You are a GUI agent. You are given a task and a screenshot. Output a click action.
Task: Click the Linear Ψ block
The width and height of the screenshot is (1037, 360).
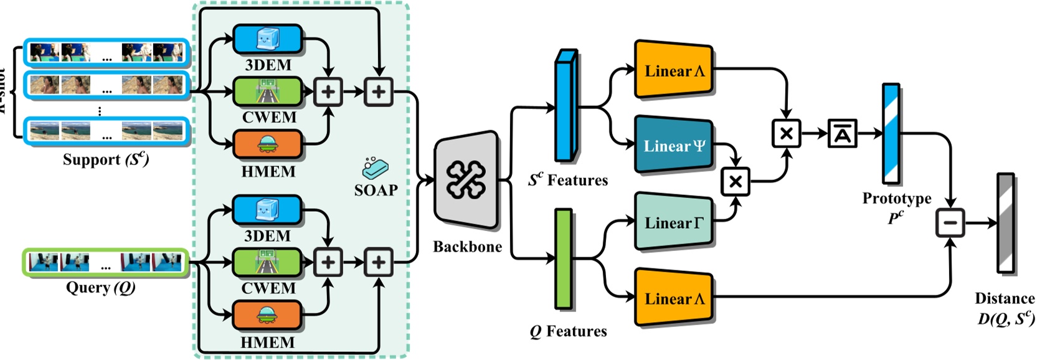click(x=673, y=146)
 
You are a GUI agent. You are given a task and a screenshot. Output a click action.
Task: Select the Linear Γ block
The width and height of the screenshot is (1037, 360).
click(x=673, y=222)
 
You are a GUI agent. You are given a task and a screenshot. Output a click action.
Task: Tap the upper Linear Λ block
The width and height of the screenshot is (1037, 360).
click(x=673, y=70)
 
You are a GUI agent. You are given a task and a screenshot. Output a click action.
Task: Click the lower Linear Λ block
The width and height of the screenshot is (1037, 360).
click(x=673, y=298)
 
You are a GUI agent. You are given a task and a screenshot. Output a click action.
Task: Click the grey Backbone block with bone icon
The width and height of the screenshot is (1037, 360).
click(x=466, y=181)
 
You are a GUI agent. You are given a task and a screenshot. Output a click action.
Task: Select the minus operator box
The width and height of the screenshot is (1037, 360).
click(x=950, y=223)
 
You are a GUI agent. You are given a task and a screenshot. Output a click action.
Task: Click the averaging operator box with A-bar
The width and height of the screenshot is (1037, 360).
click(x=842, y=133)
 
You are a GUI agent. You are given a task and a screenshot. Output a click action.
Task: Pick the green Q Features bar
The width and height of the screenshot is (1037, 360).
click(x=563, y=258)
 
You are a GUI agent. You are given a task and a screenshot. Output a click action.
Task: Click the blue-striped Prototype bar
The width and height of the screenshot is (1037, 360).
click(x=891, y=133)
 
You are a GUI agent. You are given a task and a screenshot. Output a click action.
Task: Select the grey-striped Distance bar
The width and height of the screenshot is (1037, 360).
click(x=1006, y=223)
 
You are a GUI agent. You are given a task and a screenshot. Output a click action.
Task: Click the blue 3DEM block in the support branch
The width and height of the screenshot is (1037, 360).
click(x=268, y=40)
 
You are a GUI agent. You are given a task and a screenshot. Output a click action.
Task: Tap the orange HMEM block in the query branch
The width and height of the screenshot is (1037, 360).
click(x=268, y=316)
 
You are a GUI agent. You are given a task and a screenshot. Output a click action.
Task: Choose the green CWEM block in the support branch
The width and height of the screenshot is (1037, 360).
click(x=268, y=92)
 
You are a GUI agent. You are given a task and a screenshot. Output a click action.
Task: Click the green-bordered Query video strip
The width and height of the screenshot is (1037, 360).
click(x=105, y=262)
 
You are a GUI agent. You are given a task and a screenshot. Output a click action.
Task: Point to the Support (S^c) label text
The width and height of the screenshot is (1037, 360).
click(x=105, y=159)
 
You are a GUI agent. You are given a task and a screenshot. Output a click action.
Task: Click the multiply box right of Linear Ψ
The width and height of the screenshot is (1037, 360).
click(x=735, y=181)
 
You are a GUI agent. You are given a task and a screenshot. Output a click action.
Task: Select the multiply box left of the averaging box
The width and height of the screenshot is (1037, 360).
click(x=786, y=133)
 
